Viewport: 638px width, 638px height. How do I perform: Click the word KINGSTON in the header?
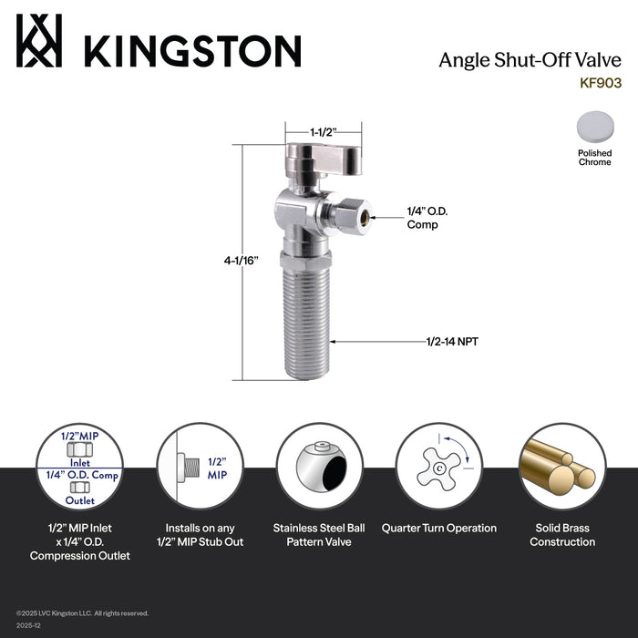coord(191,50)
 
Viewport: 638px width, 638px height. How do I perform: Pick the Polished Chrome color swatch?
coord(594,129)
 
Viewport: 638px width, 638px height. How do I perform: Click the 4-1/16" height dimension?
coord(242,260)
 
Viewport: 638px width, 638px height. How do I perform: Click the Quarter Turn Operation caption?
coord(439,528)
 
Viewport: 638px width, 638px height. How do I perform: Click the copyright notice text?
coord(82,613)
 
